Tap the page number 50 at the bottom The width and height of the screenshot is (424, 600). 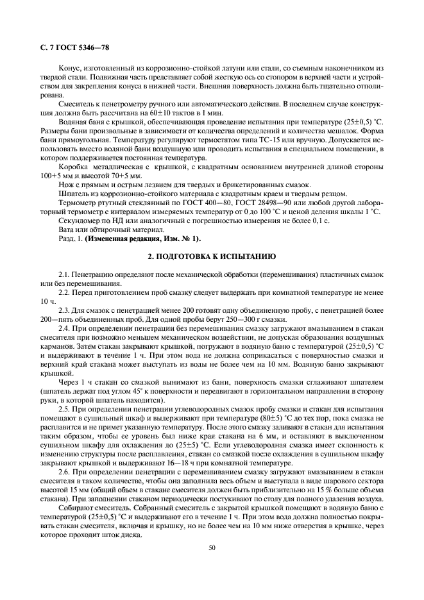[212, 547]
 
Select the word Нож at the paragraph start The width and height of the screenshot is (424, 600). [65, 185]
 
